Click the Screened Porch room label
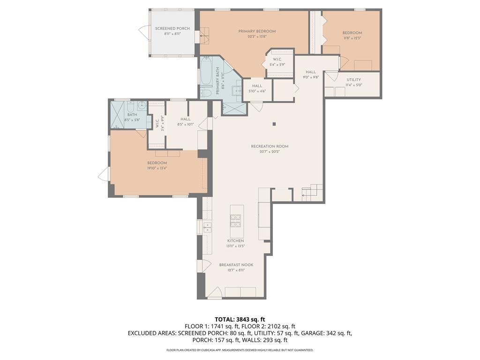point(172,29)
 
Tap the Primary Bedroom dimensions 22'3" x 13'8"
point(257,37)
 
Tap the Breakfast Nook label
point(236,265)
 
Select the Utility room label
point(354,80)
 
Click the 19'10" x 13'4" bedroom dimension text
point(157,168)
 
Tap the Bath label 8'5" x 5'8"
point(132,114)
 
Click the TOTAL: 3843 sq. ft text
point(240,319)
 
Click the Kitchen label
point(236,240)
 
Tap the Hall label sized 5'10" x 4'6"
point(257,86)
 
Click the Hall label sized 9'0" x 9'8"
point(311,72)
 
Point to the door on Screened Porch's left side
point(142,32)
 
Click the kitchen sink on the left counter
point(207,227)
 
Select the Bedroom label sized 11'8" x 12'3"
point(352,33)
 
